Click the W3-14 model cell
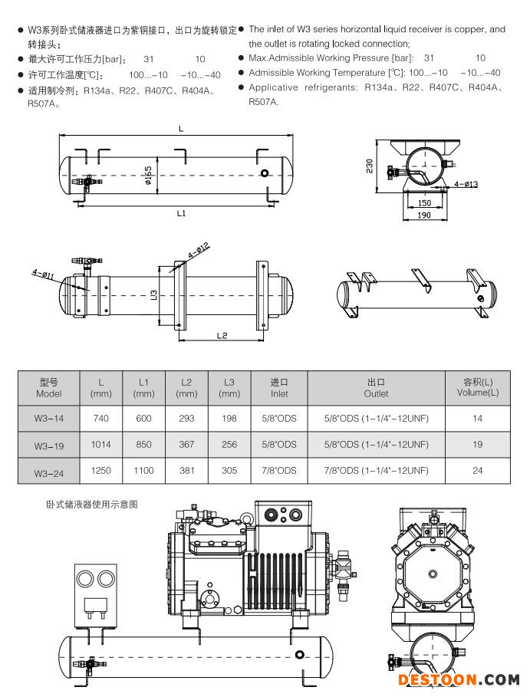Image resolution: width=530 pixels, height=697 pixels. tap(48, 419)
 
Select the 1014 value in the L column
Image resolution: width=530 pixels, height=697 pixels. tap(101, 444)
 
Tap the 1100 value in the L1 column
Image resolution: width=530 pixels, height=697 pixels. tap(143, 470)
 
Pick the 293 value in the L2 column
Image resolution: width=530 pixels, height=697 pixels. tap(186, 419)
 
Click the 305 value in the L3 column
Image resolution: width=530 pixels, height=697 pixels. tap(229, 470)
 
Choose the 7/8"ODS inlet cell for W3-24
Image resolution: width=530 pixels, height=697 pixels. tap(279, 470)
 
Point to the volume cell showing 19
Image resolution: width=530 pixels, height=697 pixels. tap(477, 444)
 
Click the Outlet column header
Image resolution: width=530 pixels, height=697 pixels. tap(376, 387)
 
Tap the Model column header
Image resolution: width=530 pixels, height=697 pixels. tap(48, 387)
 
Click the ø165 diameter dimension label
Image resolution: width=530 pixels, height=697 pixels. tap(156, 179)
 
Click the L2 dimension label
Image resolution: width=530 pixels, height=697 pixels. tap(222, 335)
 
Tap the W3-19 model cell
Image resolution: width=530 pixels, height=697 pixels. tap(48, 445)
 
